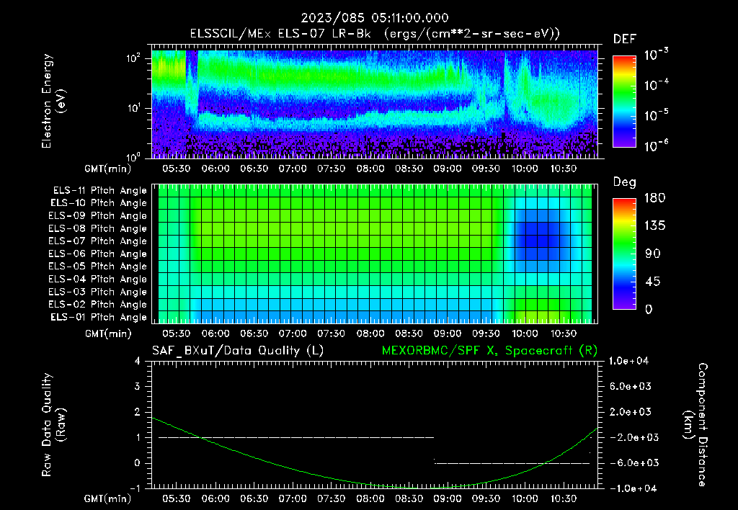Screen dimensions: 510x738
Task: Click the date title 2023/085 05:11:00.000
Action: pyautogui.click(x=369, y=18)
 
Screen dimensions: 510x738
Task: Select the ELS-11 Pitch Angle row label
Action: pyautogui.click(x=98, y=190)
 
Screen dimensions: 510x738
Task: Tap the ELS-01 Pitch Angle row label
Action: pyautogui.click(x=98, y=317)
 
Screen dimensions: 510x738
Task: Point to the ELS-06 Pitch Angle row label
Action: pyautogui.click(x=98, y=254)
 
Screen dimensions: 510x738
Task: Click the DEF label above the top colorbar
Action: pyautogui.click(x=624, y=39)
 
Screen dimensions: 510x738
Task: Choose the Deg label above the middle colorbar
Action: pyautogui.click(x=624, y=182)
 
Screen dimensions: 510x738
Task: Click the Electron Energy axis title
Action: pyautogui.click(x=54, y=101)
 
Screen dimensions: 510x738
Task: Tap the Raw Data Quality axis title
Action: pyautogui.click(x=54, y=424)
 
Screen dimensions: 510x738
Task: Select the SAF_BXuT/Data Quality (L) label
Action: pyautogui.click(x=237, y=350)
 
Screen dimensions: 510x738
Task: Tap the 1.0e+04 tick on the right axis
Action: pyautogui.click(x=631, y=361)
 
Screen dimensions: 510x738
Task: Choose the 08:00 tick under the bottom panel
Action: pyautogui.click(x=370, y=498)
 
